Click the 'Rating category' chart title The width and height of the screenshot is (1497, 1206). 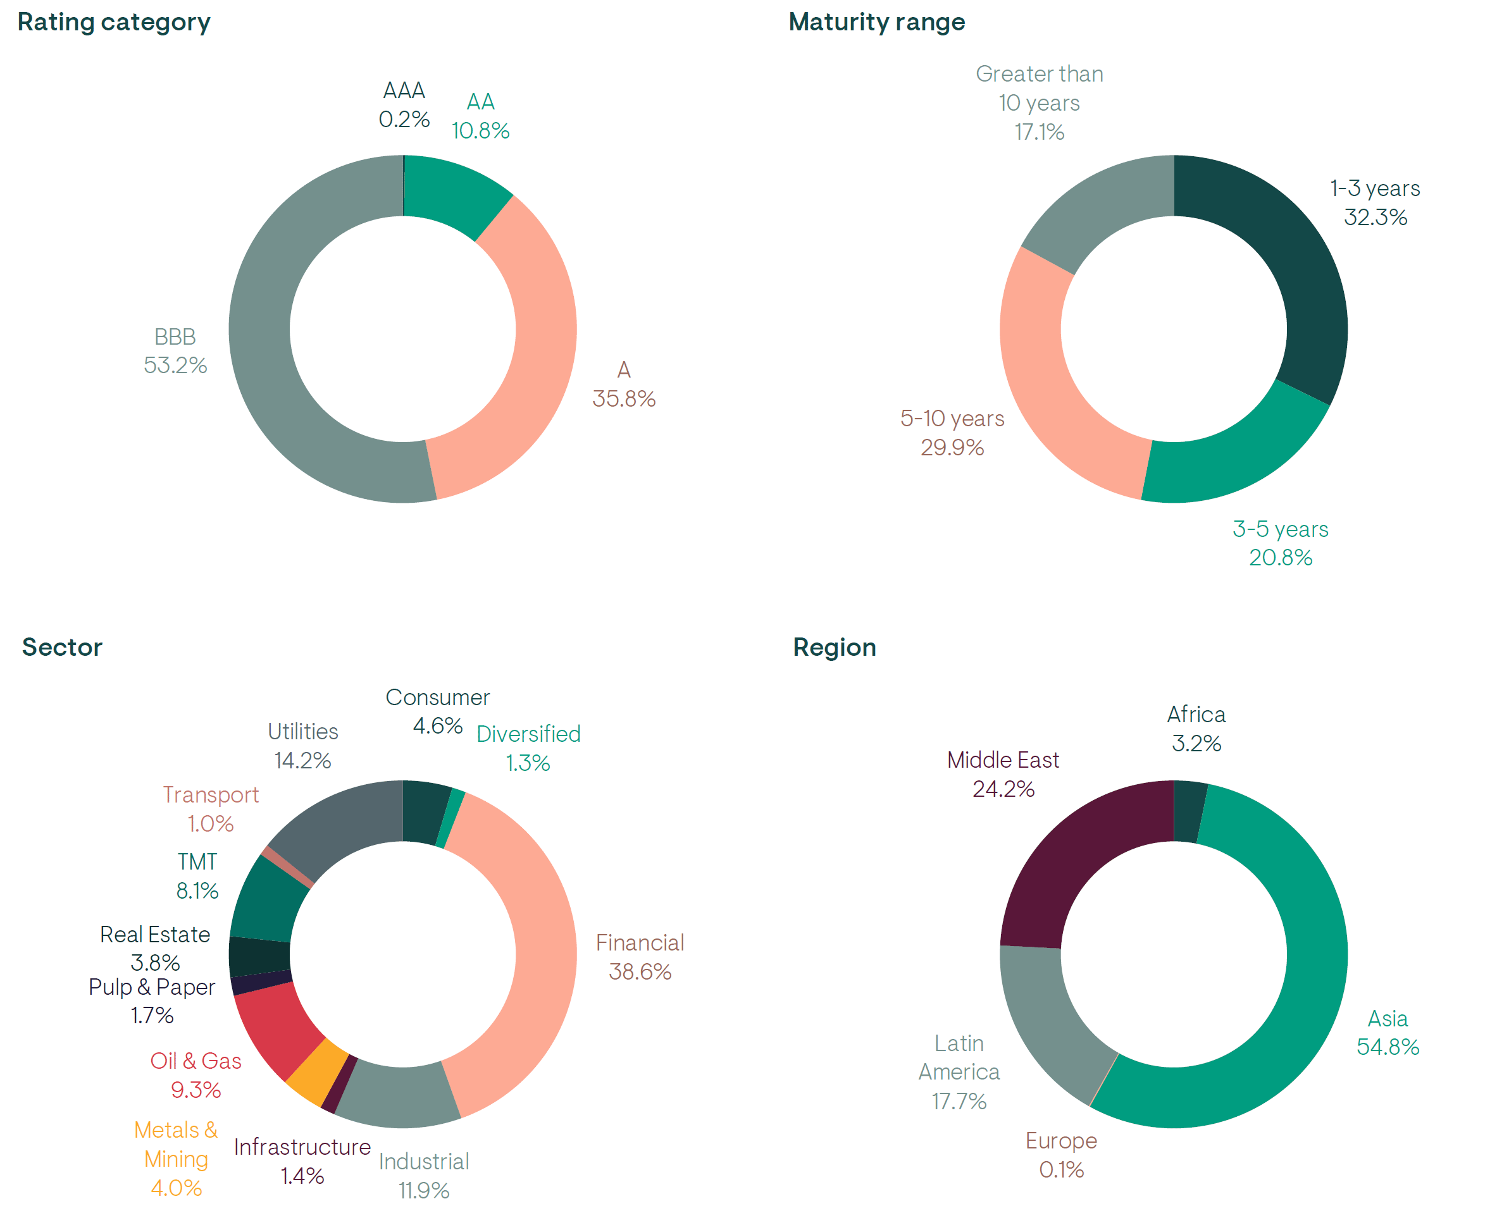pos(114,22)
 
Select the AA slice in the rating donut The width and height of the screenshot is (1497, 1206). pos(452,191)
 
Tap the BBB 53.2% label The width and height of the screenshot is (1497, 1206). pos(175,352)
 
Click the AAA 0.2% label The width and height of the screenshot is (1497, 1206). pos(404,105)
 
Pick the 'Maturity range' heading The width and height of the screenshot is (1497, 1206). pos(876,22)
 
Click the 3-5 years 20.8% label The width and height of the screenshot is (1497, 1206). pos(1280,543)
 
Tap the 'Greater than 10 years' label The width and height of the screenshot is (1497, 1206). pos(1039,103)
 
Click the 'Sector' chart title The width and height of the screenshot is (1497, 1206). pos(63,648)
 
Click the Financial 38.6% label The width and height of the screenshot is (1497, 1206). pos(640,957)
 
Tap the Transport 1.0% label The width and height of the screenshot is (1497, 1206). pos(211,809)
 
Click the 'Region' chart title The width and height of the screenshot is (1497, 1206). pos(834,648)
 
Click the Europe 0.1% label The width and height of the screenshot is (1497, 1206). pos(1061,1155)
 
